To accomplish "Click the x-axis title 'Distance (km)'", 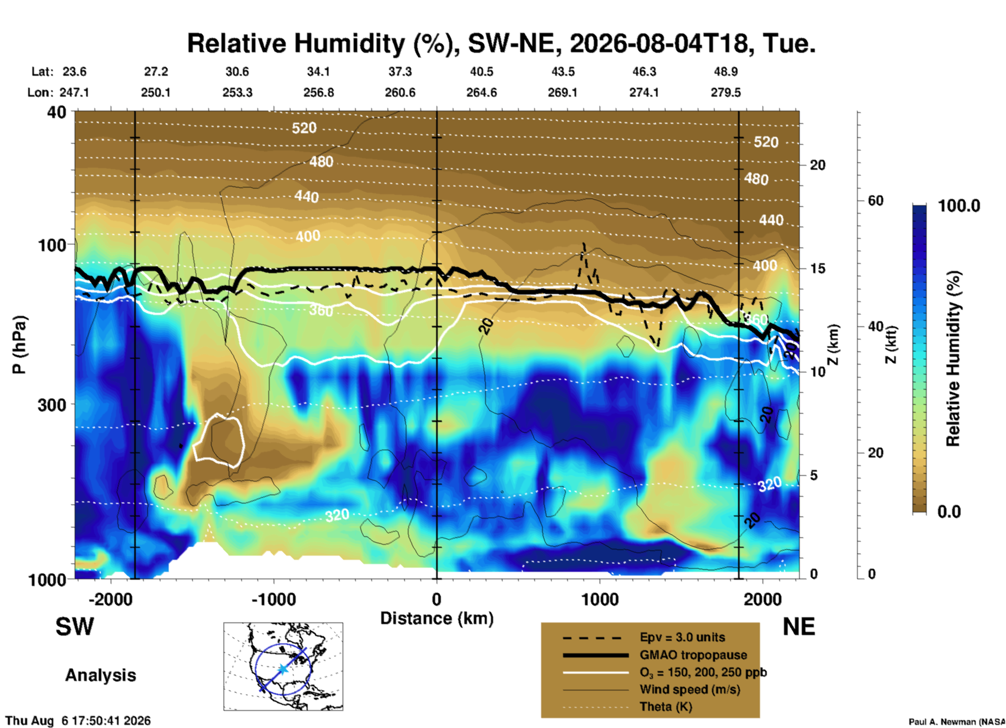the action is [437, 618].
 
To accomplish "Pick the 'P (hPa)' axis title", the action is [19, 344].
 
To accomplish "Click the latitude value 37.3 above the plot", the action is [400, 72].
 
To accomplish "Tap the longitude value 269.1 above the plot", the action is [563, 92].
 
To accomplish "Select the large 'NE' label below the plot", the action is [799, 627].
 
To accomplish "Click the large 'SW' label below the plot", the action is [75, 627].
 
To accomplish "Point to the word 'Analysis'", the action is [100, 675].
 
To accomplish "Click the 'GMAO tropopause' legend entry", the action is [693, 655].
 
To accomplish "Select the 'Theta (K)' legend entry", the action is [666, 707].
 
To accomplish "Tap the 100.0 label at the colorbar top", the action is [959, 206].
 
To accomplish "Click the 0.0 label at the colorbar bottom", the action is [949, 511].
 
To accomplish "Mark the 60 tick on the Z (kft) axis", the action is [875, 201].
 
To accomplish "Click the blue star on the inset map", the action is [283, 668].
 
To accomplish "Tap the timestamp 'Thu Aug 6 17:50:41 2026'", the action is [78, 721].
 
